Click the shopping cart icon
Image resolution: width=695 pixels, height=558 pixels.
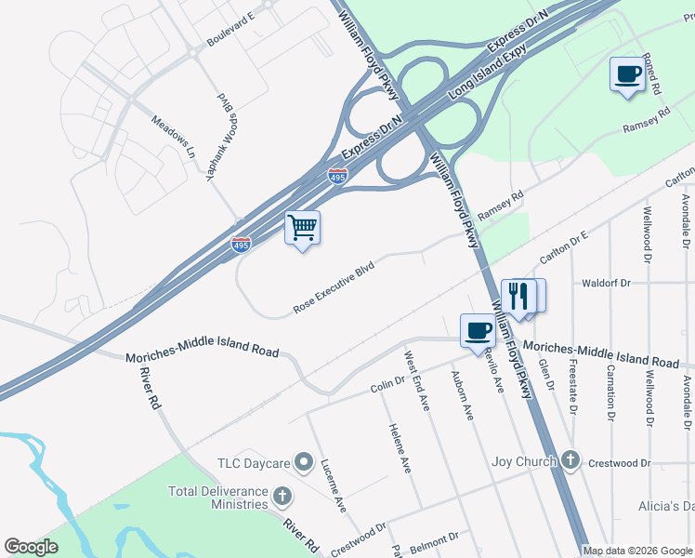(x=302, y=227)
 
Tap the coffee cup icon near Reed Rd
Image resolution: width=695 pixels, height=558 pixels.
(x=627, y=73)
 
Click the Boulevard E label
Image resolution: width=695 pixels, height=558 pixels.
(x=230, y=30)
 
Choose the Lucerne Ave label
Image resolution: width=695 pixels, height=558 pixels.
(x=334, y=485)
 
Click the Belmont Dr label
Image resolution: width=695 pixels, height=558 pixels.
(x=434, y=538)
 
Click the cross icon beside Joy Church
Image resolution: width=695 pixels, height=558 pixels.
(x=570, y=461)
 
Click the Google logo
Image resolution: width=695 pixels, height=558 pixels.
(x=31, y=547)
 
